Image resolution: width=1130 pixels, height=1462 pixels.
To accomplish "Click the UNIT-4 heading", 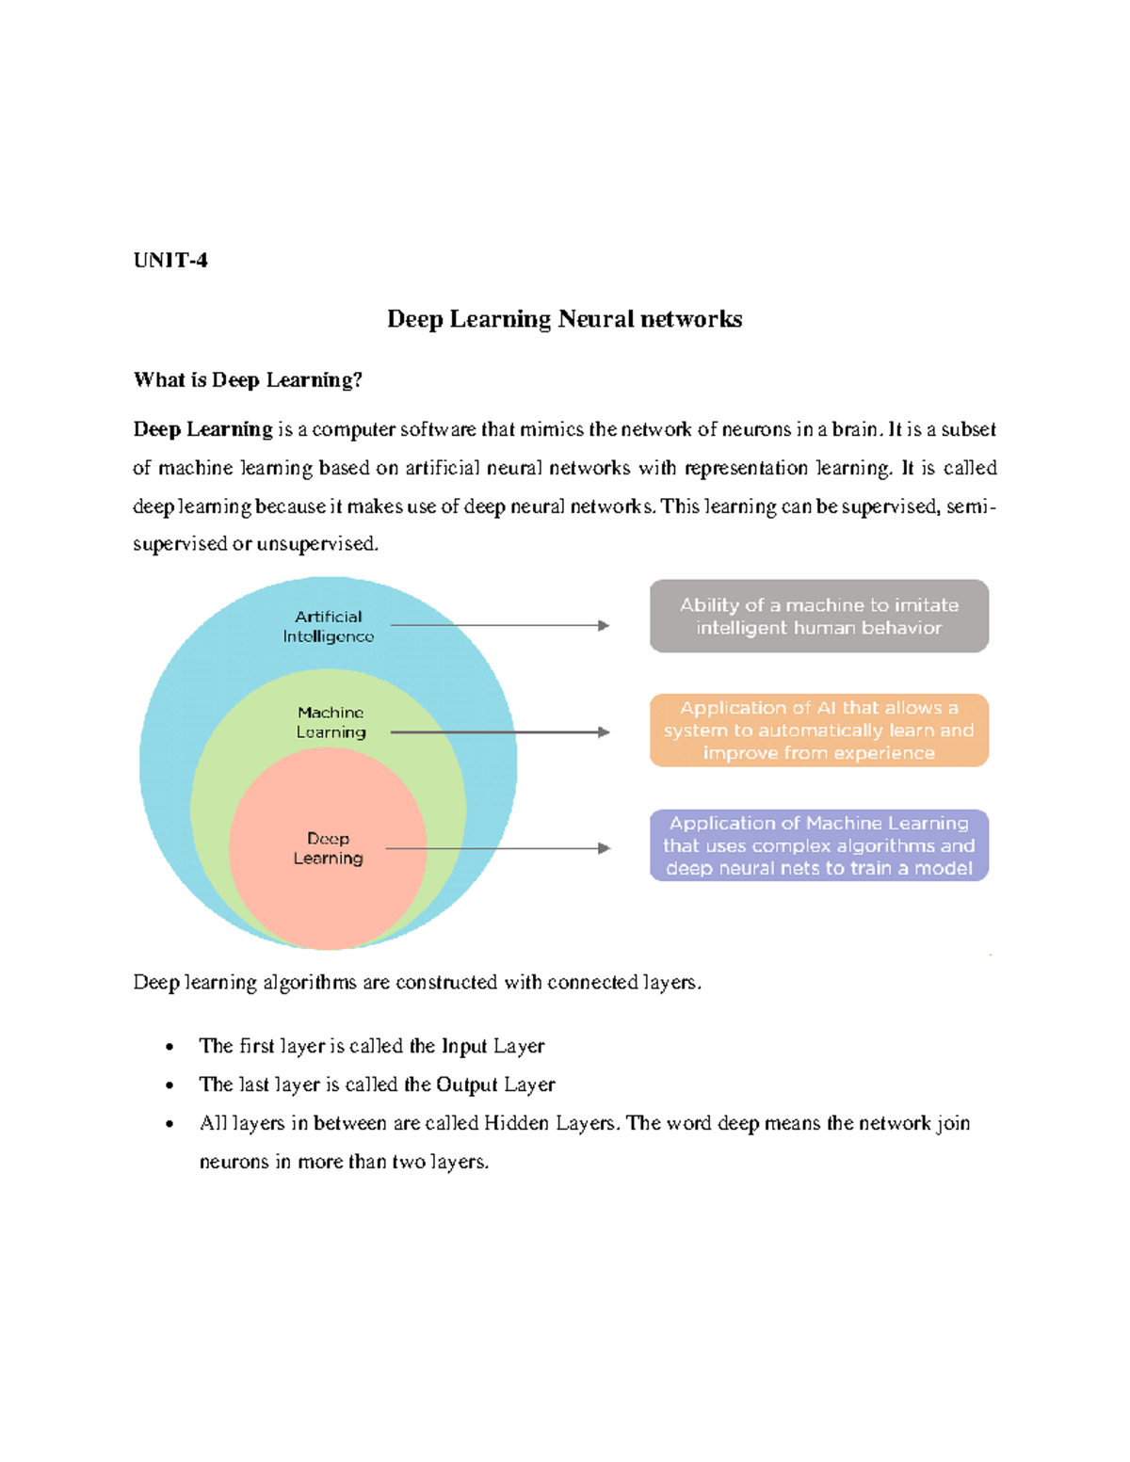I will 170,261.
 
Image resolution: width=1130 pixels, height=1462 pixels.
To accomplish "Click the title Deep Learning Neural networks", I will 564,319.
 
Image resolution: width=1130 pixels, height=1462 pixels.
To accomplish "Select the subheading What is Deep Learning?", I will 248,380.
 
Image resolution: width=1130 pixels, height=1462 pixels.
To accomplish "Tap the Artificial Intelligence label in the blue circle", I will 328,626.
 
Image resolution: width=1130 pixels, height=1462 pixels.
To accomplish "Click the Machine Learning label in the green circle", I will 331,722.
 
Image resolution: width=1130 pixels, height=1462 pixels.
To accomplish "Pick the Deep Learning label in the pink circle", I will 328,848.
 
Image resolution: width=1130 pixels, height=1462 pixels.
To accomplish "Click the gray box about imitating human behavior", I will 818,617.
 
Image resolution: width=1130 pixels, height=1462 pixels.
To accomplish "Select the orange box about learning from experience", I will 818,731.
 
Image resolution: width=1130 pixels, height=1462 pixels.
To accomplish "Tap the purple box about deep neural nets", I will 818,845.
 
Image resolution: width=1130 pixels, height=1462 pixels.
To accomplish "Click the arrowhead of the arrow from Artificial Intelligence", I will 604,625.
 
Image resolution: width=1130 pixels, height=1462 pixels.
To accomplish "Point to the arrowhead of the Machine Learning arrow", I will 604,732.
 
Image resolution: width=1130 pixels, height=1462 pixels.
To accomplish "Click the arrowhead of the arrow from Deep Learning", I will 605,848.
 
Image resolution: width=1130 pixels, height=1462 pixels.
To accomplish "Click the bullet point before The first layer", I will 169,1047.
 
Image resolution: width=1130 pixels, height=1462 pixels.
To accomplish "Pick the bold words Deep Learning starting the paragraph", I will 202,429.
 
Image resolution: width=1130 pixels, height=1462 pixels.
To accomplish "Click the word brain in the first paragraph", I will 854,429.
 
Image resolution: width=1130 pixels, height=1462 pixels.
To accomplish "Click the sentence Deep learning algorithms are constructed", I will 417,983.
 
